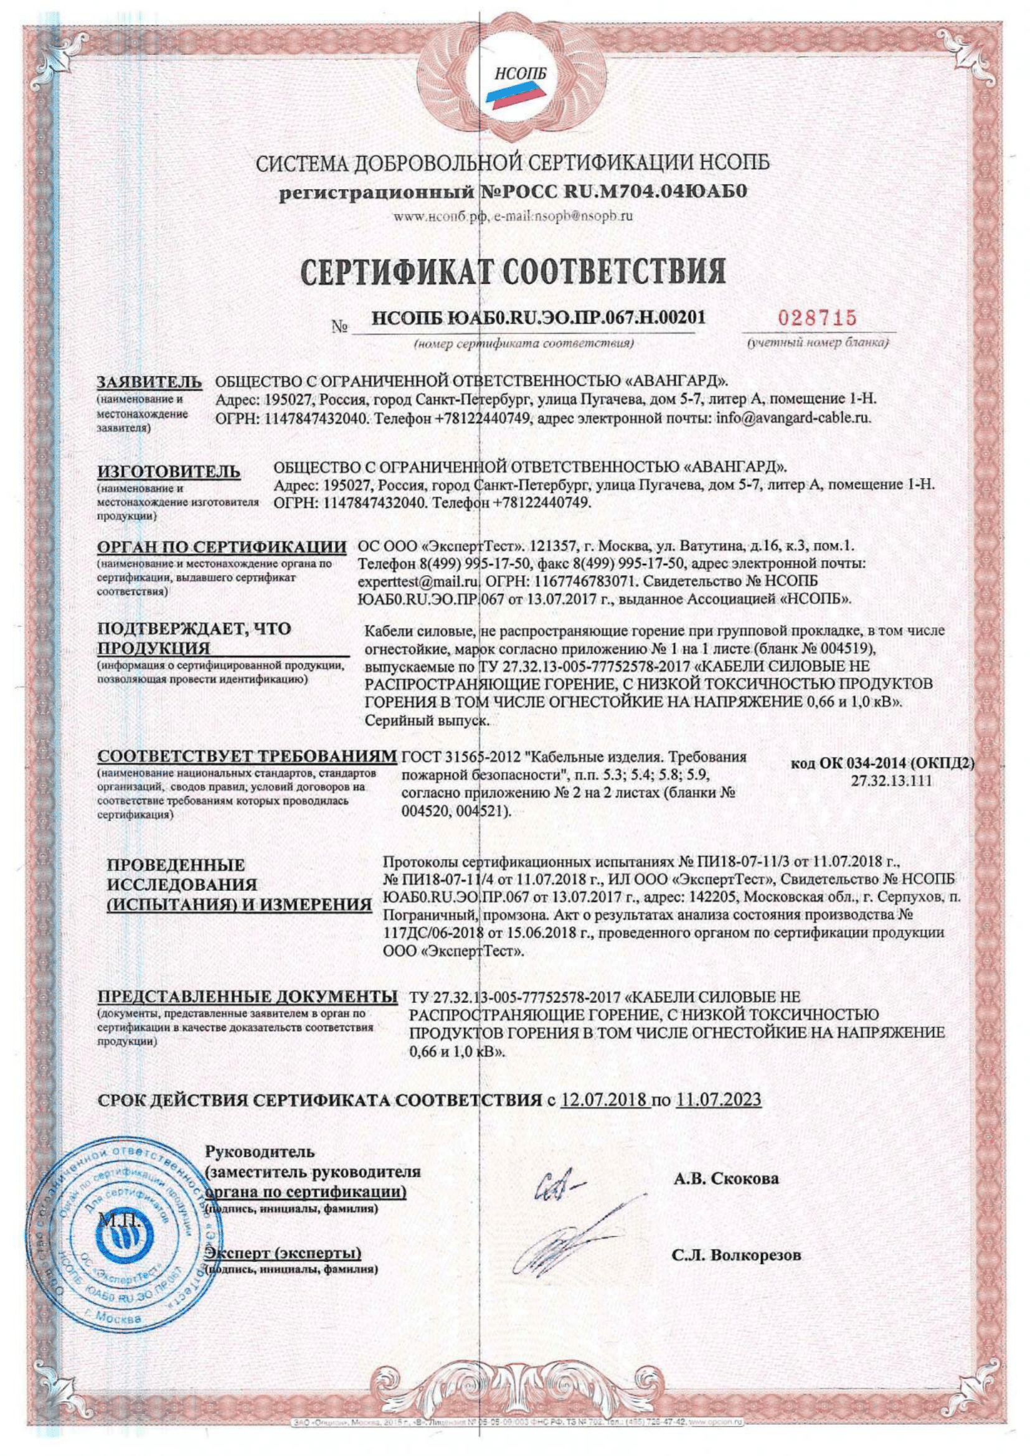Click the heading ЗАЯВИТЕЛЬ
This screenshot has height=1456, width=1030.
[x=149, y=382]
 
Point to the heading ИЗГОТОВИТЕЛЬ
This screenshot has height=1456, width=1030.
[x=168, y=472]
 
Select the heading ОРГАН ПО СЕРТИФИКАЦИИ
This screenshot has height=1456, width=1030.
[x=221, y=547]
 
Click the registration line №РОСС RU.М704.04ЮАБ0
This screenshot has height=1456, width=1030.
[x=514, y=191]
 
